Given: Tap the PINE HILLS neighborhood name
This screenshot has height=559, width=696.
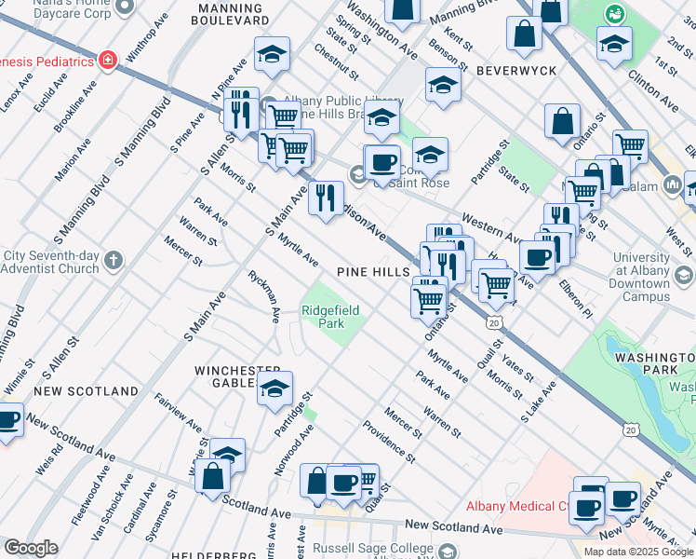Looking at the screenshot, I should click(x=374, y=271).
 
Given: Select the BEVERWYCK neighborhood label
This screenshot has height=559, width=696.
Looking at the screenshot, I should click(x=515, y=71).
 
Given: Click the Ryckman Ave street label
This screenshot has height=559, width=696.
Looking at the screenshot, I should click(x=263, y=296).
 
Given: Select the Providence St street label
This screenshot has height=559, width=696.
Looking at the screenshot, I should click(x=389, y=440).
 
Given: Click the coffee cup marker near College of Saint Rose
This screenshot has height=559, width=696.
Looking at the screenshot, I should click(x=381, y=164).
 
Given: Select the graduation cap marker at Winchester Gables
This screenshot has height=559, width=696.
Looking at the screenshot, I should click(x=274, y=390).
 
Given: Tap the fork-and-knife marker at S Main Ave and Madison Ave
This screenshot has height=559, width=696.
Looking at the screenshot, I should click(x=326, y=198).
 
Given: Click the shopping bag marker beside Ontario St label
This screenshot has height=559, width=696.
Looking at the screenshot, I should click(x=562, y=122).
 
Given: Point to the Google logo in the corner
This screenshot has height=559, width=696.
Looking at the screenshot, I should click(x=31, y=548).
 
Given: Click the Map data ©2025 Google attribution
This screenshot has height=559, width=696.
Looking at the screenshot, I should click(x=638, y=552).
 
